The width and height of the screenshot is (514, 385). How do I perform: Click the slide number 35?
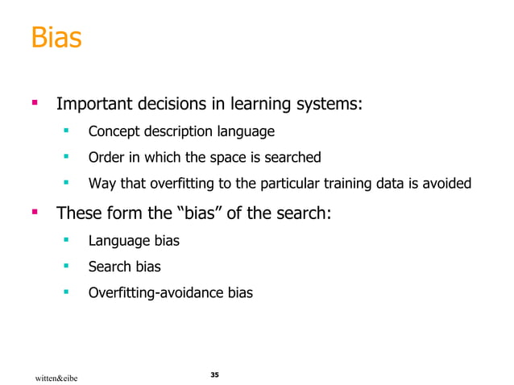[x=213, y=375]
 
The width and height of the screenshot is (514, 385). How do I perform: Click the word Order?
[x=105, y=157]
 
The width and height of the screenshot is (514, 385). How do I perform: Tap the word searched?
[x=294, y=157]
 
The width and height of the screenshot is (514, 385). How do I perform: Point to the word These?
[x=79, y=214]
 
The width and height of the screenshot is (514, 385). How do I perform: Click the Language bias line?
[x=134, y=241]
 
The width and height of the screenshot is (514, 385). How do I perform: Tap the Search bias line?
[x=126, y=267]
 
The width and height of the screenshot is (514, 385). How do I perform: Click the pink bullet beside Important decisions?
[x=35, y=103]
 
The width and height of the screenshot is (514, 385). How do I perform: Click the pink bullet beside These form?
[x=35, y=213]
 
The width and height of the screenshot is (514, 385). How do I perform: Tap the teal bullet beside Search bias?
[x=69, y=265]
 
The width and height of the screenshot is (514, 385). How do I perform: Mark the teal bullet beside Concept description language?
[x=69, y=130]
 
